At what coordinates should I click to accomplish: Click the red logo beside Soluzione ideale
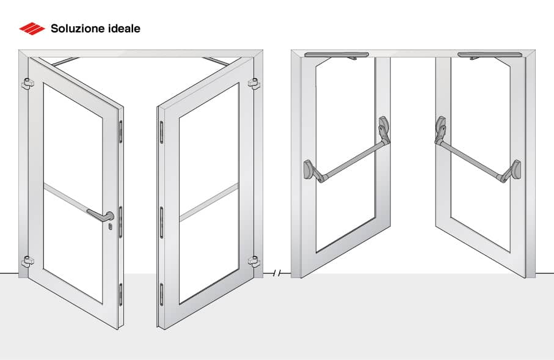pos(32,28)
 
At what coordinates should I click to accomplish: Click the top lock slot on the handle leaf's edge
pos(120,130)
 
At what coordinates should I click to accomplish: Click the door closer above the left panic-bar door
pos(337,55)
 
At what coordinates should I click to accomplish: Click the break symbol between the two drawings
pos(278,273)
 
